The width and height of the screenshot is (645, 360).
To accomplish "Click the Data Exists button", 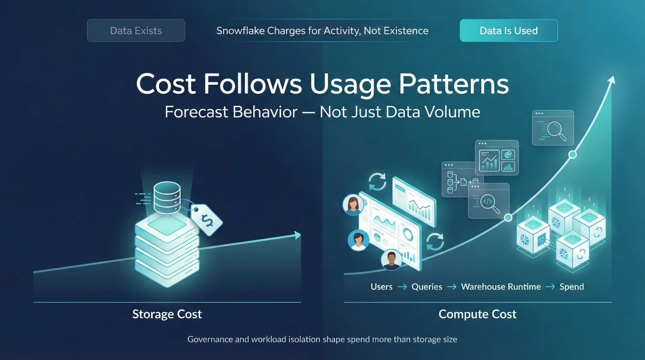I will pyautogui.click(x=136, y=31).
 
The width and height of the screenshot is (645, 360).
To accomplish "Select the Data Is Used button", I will pyautogui.click(x=509, y=31).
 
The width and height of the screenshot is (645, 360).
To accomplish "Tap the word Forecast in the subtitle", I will pyautogui.click(x=196, y=112).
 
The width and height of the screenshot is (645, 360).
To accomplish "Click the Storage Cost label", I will pyautogui.click(x=167, y=314).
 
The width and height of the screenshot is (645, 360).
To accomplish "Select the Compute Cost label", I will pyautogui.click(x=477, y=314).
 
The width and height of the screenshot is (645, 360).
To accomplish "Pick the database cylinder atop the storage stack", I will pyautogui.click(x=167, y=197).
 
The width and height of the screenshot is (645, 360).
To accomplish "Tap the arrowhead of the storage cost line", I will pyautogui.click(x=297, y=235).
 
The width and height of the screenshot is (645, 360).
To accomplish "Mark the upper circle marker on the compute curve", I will pyautogui.click(x=572, y=154).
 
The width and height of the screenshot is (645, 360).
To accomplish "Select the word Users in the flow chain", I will pyautogui.click(x=381, y=287).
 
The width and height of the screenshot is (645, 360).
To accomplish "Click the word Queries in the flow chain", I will pyautogui.click(x=427, y=287).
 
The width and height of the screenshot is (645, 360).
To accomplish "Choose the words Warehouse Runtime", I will pyautogui.click(x=501, y=287).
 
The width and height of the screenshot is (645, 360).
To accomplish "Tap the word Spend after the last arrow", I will pyautogui.click(x=571, y=287).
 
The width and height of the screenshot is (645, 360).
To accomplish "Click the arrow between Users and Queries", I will pyautogui.click(x=402, y=287).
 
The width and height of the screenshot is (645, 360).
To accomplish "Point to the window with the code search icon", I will pyautogui.click(x=488, y=201).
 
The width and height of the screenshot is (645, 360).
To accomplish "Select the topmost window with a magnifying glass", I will pyautogui.click(x=553, y=128).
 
